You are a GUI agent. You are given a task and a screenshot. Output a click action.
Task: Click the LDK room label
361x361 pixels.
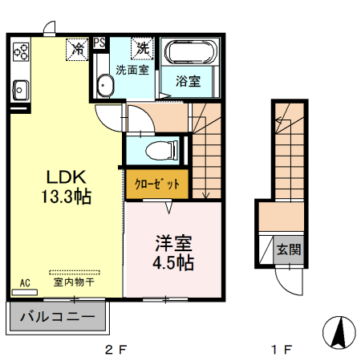(x=60, y=176)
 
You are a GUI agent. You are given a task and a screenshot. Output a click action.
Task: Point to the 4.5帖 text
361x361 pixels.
(x=172, y=262)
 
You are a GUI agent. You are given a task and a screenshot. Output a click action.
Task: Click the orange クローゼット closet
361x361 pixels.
(x=157, y=184)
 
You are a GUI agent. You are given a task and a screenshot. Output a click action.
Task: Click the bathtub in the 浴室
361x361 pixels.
(x=189, y=54)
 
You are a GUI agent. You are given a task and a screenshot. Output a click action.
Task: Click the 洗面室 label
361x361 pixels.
(x=132, y=70)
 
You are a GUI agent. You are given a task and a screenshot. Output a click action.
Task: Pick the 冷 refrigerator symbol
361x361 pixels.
(x=78, y=48)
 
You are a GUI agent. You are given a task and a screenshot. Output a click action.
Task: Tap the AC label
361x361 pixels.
(x=24, y=282)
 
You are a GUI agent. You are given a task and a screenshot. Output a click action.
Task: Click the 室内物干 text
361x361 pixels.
(x=74, y=282)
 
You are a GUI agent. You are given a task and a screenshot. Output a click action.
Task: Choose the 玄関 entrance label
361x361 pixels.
(x=290, y=249)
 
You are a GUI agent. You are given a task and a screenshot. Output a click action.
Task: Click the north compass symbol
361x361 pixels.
(x=340, y=331)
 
